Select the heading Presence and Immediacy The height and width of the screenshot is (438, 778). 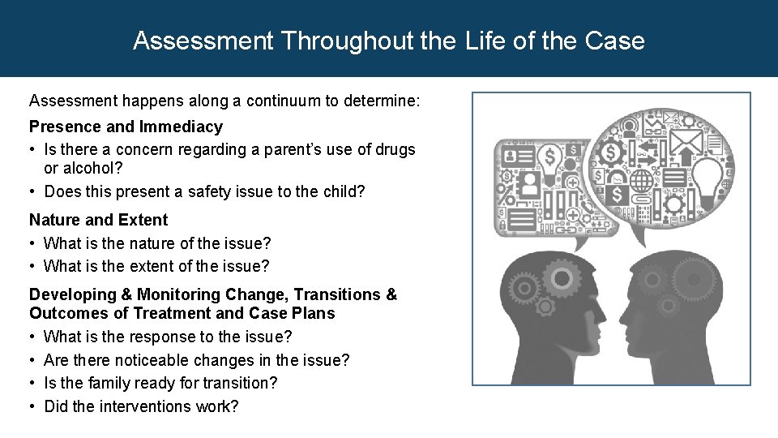[126, 127]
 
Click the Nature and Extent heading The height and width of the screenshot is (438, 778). [98, 220]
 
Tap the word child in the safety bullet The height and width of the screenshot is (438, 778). [344, 191]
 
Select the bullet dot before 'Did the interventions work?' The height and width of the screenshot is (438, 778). [33, 406]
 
